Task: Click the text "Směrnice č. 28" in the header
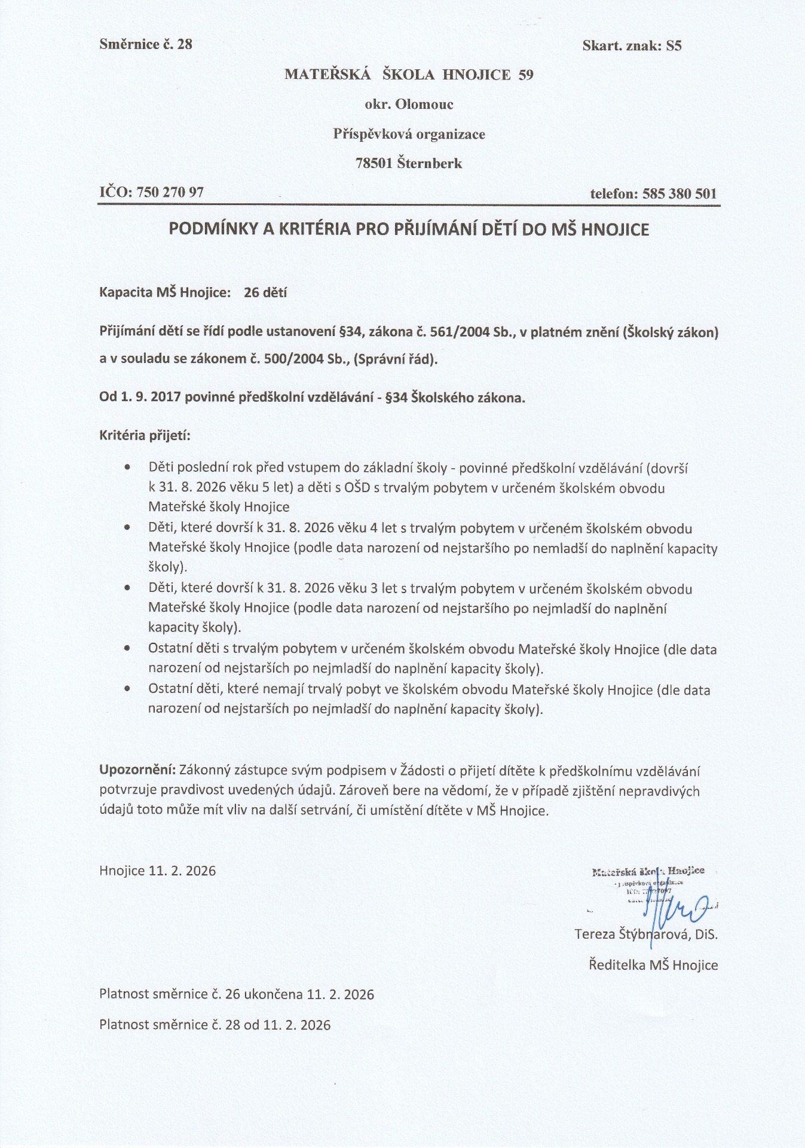(146, 44)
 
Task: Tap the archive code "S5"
(674, 45)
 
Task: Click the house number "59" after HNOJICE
(526, 75)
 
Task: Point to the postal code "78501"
(374, 163)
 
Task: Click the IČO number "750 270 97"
(170, 193)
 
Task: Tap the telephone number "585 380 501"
(679, 194)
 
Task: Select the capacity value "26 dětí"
(265, 293)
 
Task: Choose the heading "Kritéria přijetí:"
(145, 435)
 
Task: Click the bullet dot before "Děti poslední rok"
(127, 467)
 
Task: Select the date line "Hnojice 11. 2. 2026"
(158, 871)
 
